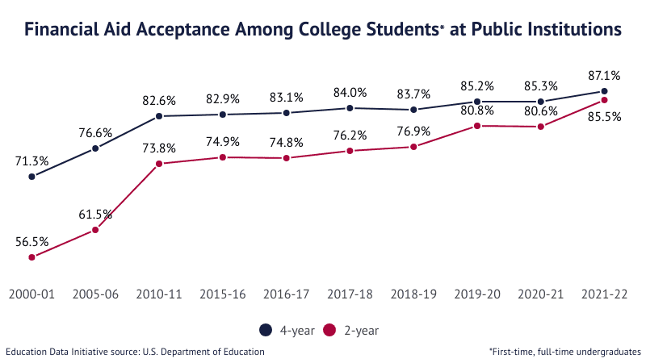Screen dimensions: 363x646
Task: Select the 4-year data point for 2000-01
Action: pyautogui.click(x=31, y=176)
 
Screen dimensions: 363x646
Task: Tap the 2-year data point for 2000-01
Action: pyautogui.click(x=31, y=257)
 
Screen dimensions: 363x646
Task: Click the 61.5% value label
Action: pyautogui.click(x=95, y=215)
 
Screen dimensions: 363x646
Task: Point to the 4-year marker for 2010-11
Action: pyautogui.click(x=159, y=116)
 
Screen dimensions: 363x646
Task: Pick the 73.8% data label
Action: pyautogui.click(x=159, y=148)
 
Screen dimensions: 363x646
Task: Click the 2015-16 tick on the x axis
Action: pyautogui.click(x=223, y=294)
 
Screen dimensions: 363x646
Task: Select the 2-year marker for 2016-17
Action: pyautogui.click(x=287, y=158)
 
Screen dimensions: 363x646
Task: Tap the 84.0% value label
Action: pyautogui.click(x=350, y=92)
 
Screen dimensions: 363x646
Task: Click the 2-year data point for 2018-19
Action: pyautogui.click(x=413, y=147)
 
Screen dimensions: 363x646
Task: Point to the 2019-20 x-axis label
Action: pyautogui.click(x=477, y=294)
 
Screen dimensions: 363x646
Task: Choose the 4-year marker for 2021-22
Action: pyautogui.click(x=605, y=91)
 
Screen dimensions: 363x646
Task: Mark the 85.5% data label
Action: pyautogui.click(x=605, y=116)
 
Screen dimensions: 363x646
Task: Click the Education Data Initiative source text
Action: pyautogui.click(x=135, y=352)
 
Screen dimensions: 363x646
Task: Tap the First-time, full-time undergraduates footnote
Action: pyautogui.click(x=564, y=352)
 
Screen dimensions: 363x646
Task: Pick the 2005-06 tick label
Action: pyautogui.click(x=95, y=294)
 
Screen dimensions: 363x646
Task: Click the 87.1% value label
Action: pyautogui.click(x=605, y=76)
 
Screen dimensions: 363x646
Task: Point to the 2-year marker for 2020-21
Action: pyautogui.click(x=541, y=127)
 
